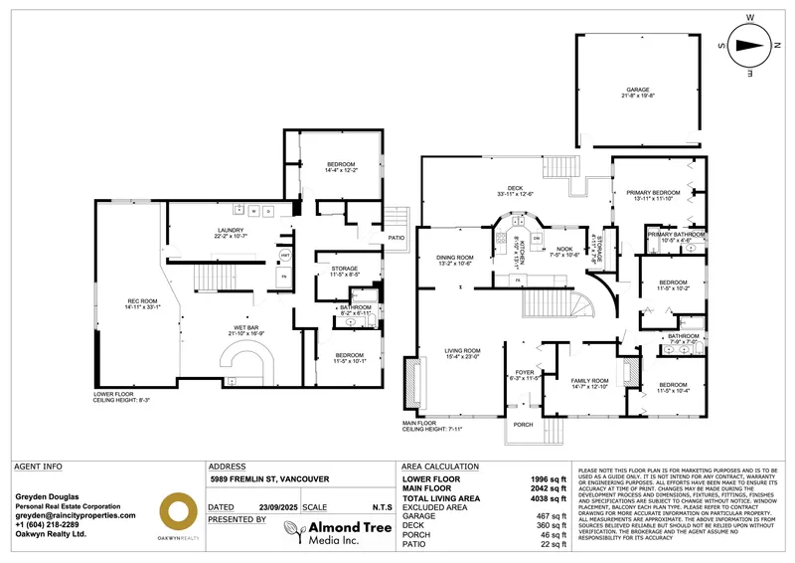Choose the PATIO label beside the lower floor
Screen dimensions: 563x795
[x=397, y=238]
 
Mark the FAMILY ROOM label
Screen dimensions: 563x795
[x=588, y=383]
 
